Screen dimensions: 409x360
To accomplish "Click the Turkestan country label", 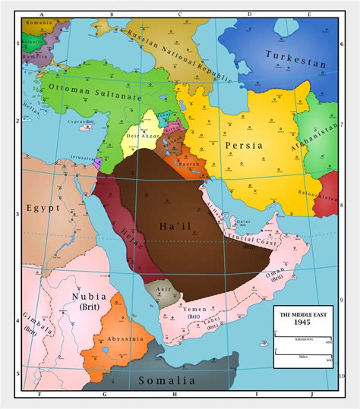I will [x=296, y=58].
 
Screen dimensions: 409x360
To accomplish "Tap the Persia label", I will [x=244, y=145].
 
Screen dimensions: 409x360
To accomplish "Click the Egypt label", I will [x=43, y=207].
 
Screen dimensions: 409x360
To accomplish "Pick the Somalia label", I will [x=166, y=379].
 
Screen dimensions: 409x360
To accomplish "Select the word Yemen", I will [x=195, y=310].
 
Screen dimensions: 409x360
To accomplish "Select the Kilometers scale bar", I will [x=303, y=337].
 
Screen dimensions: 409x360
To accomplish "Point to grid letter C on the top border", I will [x=180, y=14].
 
